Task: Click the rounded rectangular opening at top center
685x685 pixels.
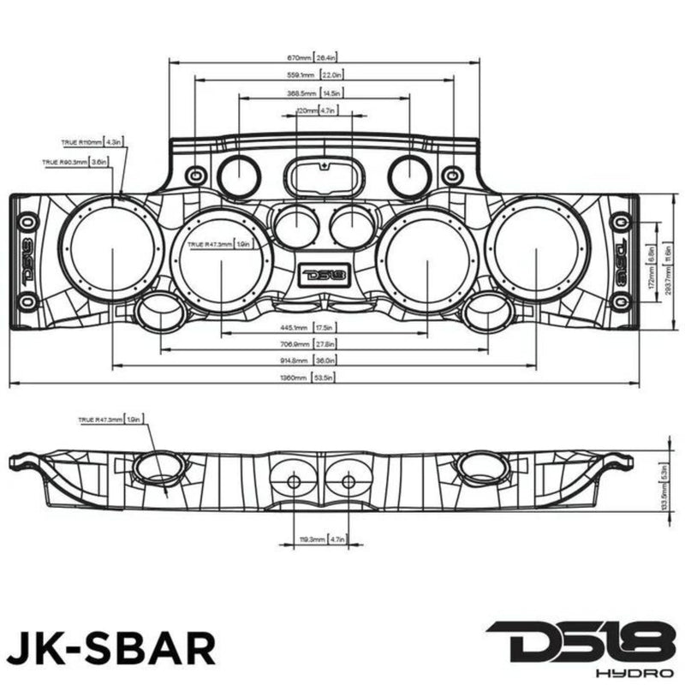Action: tap(324, 176)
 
